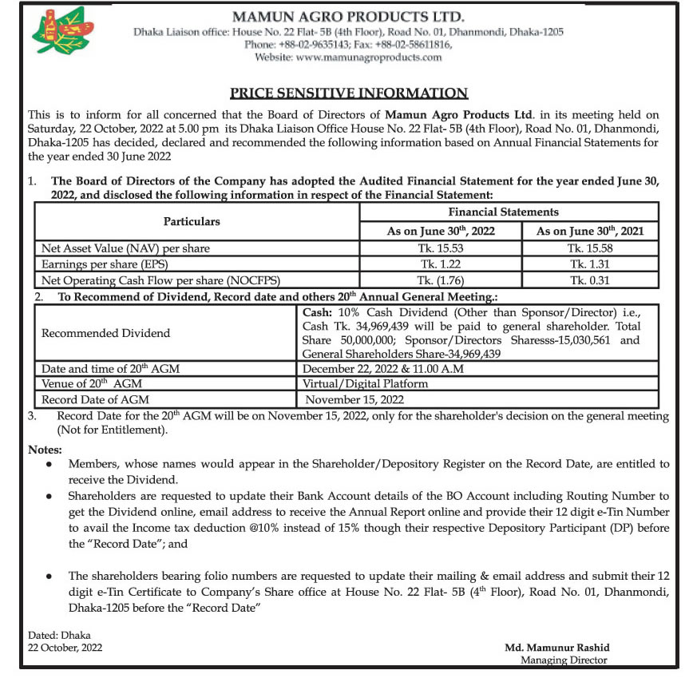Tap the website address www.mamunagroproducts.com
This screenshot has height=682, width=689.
click(x=347, y=57)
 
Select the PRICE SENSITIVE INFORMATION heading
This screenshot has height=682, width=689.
click(x=349, y=93)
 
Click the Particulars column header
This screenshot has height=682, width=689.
click(x=192, y=221)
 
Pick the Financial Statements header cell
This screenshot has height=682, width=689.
click(x=509, y=212)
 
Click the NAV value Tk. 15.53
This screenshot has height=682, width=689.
click(x=441, y=248)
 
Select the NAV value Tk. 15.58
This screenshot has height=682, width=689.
click(x=591, y=248)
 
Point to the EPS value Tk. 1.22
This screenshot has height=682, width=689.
click(x=441, y=264)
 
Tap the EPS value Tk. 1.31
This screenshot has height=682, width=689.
click(x=591, y=264)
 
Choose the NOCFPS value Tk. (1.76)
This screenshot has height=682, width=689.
click(x=441, y=280)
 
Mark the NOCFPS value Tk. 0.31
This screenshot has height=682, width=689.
click(x=591, y=280)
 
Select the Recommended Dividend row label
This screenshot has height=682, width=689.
click(x=105, y=332)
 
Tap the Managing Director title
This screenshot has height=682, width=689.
click(x=564, y=660)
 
